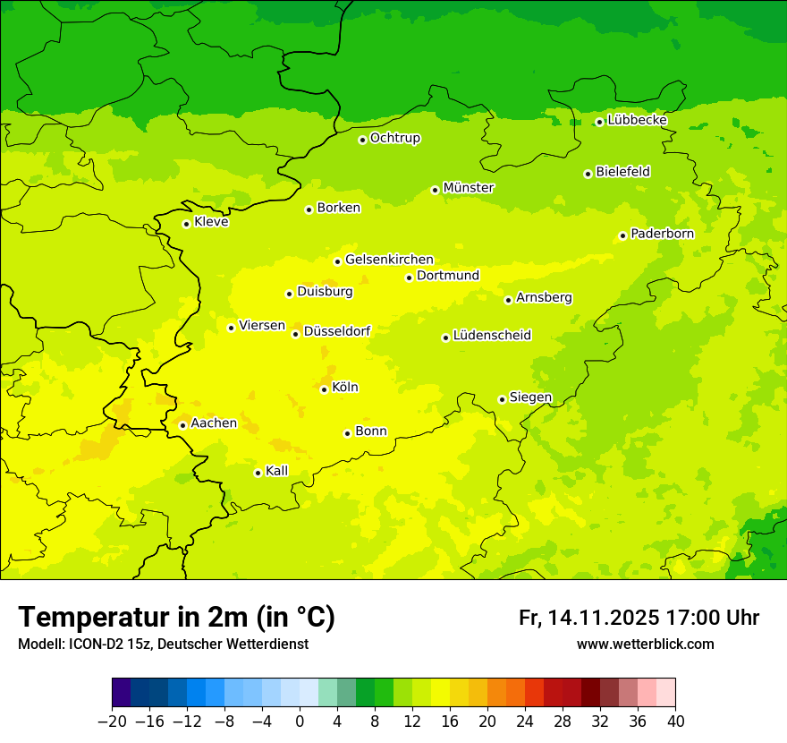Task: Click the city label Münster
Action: (x=469, y=188)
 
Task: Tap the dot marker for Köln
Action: (x=324, y=389)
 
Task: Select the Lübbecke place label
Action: (x=637, y=120)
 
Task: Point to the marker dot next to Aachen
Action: (x=182, y=425)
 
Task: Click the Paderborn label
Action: (x=662, y=234)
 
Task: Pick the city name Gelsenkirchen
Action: (x=389, y=260)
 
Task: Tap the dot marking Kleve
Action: (x=186, y=224)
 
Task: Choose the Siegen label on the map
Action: (x=530, y=397)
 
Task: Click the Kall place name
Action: (x=277, y=471)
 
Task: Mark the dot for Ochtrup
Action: (x=362, y=140)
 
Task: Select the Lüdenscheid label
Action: (x=492, y=336)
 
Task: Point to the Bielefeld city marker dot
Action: (x=588, y=174)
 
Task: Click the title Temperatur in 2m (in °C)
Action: (x=176, y=618)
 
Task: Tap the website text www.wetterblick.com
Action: (x=645, y=645)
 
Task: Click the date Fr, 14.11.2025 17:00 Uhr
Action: (x=639, y=618)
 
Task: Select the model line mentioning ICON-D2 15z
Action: (x=163, y=645)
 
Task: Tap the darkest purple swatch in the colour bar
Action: (x=122, y=693)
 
